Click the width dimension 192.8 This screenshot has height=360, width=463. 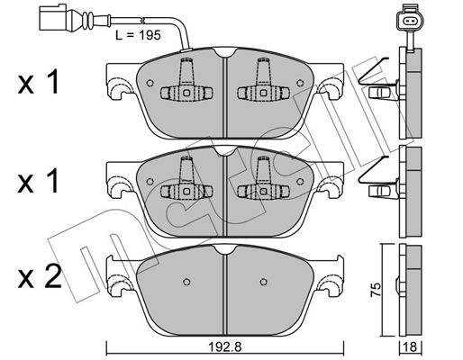(225, 347)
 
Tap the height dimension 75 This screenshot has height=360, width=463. (376, 290)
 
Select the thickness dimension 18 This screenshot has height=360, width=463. (411, 347)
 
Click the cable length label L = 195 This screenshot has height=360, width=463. (139, 35)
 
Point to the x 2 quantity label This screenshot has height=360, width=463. (40, 277)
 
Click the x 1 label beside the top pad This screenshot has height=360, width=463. (39, 81)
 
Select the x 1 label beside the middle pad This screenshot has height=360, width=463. (39, 181)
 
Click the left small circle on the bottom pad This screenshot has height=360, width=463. (186, 282)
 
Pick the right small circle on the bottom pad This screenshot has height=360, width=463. (264, 282)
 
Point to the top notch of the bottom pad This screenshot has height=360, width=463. (224, 249)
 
